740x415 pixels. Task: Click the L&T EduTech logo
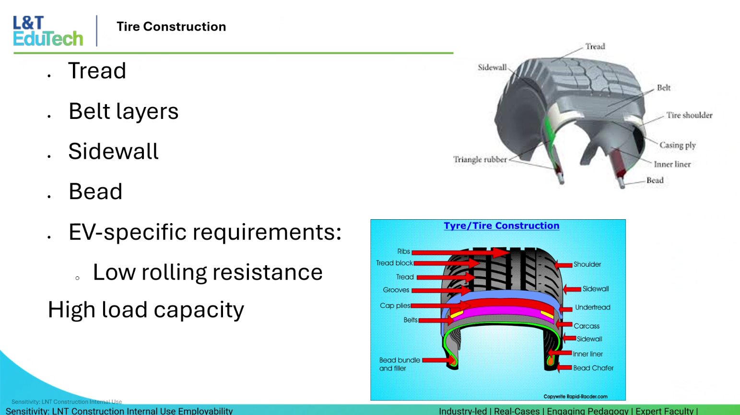(x=48, y=31)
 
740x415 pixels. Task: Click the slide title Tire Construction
(x=171, y=26)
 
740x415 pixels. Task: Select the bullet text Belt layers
(x=123, y=111)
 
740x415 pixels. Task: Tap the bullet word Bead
(x=95, y=191)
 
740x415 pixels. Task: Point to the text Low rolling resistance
(x=207, y=273)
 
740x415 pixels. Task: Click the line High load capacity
(x=146, y=310)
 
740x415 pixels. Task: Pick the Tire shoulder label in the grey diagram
(x=689, y=115)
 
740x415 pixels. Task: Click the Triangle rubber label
(x=480, y=159)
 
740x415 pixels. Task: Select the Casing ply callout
(x=677, y=145)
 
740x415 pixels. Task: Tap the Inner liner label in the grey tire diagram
(x=672, y=164)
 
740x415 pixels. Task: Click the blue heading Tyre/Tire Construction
(x=501, y=225)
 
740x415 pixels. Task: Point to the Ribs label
(x=403, y=251)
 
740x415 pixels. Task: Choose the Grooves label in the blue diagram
(x=396, y=290)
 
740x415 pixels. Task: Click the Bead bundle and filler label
(x=399, y=364)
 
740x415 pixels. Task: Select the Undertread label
(x=592, y=308)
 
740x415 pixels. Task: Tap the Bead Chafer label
(x=593, y=368)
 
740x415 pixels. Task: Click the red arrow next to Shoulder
(x=564, y=265)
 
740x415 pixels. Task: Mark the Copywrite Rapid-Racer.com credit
(x=575, y=396)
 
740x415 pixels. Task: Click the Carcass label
(x=587, y=326)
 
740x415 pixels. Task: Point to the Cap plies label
(x=395, y=306)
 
